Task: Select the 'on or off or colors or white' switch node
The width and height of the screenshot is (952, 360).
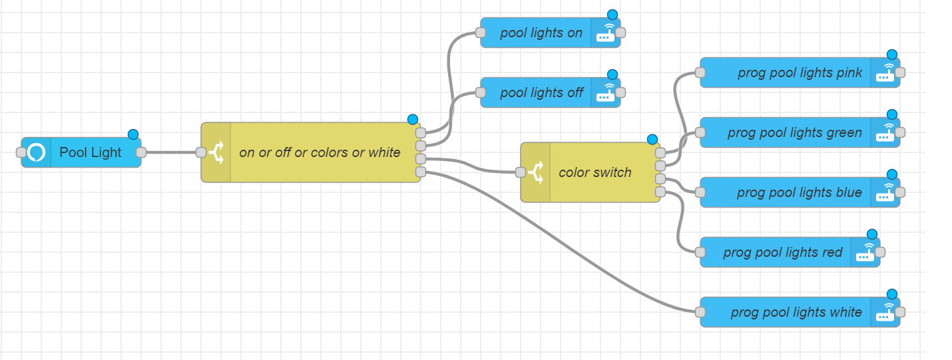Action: pos(320,152)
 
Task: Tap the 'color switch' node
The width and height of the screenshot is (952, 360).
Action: pos(595,172)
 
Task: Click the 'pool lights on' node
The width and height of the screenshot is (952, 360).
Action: pos(541,33)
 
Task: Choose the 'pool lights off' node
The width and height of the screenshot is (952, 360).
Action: pos(541,92)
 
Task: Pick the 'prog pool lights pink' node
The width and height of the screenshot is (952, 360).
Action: pos(799,73)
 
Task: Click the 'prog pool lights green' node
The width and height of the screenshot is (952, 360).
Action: pos(794,132)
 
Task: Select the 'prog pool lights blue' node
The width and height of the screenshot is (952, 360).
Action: pos(799,192)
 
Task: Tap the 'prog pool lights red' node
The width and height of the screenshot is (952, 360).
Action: pos(782,252)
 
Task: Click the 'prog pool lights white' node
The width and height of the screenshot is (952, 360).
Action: pos(796,312)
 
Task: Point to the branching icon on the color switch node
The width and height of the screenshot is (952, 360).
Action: pos(535,172)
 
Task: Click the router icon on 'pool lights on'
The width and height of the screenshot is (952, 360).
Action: pos(605,33)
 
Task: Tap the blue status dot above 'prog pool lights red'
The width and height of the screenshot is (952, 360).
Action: pos(872,234)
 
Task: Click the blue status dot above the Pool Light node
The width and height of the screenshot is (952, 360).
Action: pos(133,134)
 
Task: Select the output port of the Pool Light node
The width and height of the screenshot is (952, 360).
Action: pos(141,152)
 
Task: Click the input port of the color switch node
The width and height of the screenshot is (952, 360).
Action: pos(521,172)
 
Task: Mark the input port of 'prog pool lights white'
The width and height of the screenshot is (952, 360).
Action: pos(700,312)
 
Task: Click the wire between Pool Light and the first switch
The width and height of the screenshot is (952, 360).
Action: pos(171,152)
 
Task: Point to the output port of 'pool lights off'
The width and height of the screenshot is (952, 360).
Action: pos(620,92)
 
